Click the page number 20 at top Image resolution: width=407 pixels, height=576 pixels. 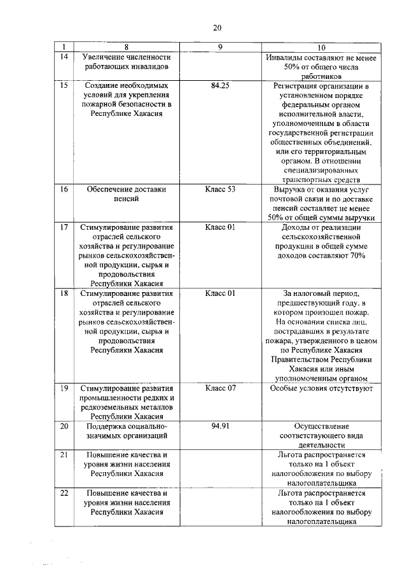[x=217, y=27]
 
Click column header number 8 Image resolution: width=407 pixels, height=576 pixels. [x=127, y=48]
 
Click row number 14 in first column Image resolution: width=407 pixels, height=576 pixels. [x=64, y=57]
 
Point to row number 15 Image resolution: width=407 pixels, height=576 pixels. [x=64, y=85]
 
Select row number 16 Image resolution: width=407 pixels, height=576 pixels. [x=64, y=189]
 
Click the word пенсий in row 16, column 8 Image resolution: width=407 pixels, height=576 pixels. [x=127, y=199]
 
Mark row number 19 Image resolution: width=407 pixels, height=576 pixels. [x=64, y=388]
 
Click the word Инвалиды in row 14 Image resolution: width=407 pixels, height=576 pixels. [x=285, y=57]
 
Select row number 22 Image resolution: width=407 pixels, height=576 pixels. [x=64, y=493]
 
